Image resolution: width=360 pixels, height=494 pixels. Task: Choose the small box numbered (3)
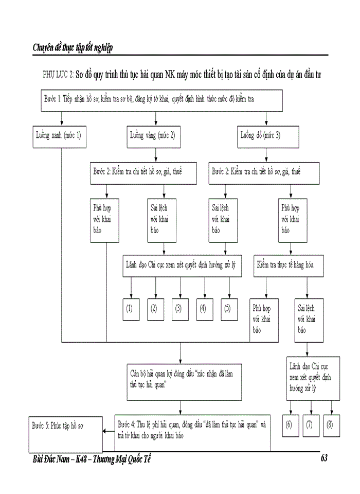pyautogui.click(x=178, y=309)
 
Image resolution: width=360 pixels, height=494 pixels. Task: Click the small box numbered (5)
pyautogui.click(x=228, y=309)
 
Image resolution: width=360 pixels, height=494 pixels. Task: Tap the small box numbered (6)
pyautogui.click(x=289, y=425)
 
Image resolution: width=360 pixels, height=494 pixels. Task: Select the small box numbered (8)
pyautogui.click(x=330, y=425)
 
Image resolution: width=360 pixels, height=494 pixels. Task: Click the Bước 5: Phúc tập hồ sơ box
pyautogui.click(x=65, y=435)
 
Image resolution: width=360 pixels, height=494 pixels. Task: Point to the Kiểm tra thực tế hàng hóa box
pyautogui.click(x=291, y=266)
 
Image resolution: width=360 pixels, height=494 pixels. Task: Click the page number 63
pyautogui.click(x=323, y=458)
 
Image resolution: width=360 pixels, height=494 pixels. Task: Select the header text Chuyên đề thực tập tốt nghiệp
pyautogui.click(x=73, y=48)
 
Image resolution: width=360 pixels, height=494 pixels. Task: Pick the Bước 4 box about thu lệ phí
pyautogui.click(x=192, y=431)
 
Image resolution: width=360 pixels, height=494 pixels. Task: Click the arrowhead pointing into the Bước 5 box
pyautogui.click(x=105, y=432)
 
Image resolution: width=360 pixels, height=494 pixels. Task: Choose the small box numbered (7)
pyautogui.click(x=310, y=425)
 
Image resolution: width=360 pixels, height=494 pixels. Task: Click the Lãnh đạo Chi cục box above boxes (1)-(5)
pyautogui.click(x=182, y=266)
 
